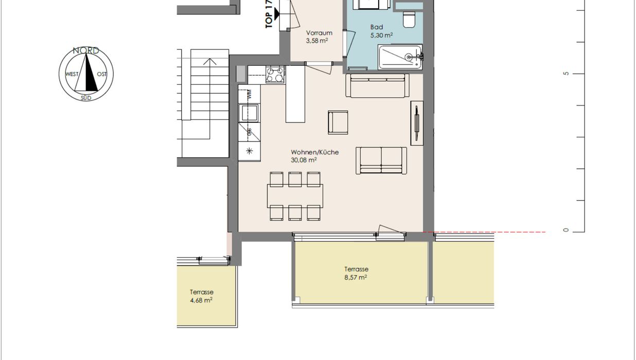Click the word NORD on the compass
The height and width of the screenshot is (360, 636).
pyautogui.click(x=86, y=50)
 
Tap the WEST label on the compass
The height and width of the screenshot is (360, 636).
pyautogui.click(x=72, y=74)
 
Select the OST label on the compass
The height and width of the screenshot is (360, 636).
pyautogui.click(x=102, y=74)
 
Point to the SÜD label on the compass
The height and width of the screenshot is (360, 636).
pyautogui.click(x=86, y=98)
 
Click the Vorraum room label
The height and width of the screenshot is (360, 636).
pyautogui.click(x=319, y=33)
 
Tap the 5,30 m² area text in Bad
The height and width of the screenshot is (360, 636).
pyautogui.click(x=381, y=35)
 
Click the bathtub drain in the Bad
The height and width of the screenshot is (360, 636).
pyautogui.click(x=409, y=57)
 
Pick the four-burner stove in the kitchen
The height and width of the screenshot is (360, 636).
pyautogui.click(x=275, y=75)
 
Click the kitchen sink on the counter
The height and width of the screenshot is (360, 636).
pyautogui.click(x=249, y=113)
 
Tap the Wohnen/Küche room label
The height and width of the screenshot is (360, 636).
pyautogui.click(x=315, y=152)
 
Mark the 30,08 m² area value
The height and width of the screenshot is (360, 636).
pyautogui.click(x=304, y=160)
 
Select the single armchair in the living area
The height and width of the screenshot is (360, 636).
pyautogui.click(x=338, y=122)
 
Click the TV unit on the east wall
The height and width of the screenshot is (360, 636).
pyautogui.click(x=417, y=123)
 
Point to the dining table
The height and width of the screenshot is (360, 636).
pyautogui.click(x=295, y=196)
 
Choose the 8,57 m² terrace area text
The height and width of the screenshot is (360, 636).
pyautogui.click(x=356, y=277)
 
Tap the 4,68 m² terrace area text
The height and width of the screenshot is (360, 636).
pyautogui.click(x=201, y=300)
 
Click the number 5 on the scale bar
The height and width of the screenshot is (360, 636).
pyautogui.click(x=566, y=74)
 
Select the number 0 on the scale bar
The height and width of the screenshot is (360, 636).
pyautogui.click(x=566, y=230)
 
